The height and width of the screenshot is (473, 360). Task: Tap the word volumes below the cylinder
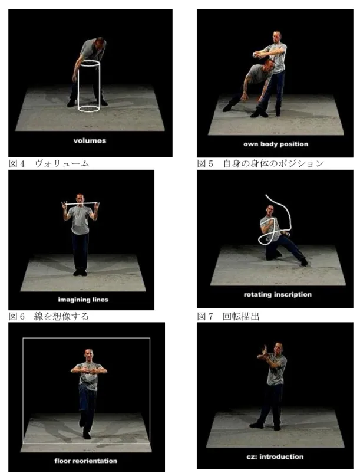pyautogui.click(x=90, y=140)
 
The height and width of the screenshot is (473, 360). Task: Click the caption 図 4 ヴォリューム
pyautogui.click(x=49, y=163)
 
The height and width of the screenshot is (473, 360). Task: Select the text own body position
pyautogui.click(x=276, y=144)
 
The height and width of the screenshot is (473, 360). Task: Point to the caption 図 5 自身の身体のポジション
pyautogui.click(x=260, y=163)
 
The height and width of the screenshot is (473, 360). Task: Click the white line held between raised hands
pyautogui.click(x=81, y=203)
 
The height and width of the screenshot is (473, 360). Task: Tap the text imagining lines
pyautogui.click(x=83, y=300)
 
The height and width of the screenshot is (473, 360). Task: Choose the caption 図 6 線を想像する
pyautogui.click(x=49, y=316)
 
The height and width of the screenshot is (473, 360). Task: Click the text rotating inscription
pyautogui.click(x=278, y=294)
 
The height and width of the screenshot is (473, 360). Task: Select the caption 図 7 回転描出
pyautogui.click(x=228, y=316)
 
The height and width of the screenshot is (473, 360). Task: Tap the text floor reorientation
pyautogui.click(x=85, y=461)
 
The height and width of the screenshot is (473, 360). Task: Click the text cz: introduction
pyautogui.click(x=275, y=456)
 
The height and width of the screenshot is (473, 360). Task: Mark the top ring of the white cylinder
pyautogui.click(x=90, y=64)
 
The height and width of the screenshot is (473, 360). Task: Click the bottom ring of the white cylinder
pyautogui.click(x=88, y=109)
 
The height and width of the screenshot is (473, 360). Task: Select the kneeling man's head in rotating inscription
pyautogui.click(x=270, y=211)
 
